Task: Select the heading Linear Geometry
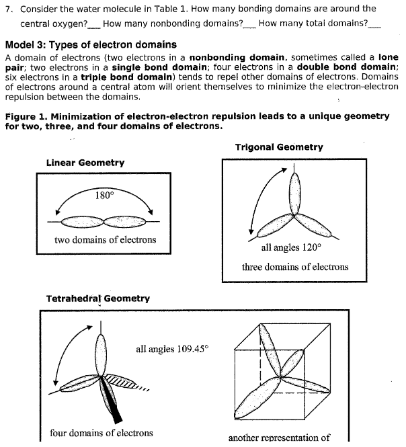(85, 163)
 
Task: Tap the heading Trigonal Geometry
(279, 147)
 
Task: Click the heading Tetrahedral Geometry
(97, 298)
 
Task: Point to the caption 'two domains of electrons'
(105, 239)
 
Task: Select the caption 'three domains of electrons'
(295, 267)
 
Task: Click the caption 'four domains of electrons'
(101, 433)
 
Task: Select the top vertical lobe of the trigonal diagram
(294, 190)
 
